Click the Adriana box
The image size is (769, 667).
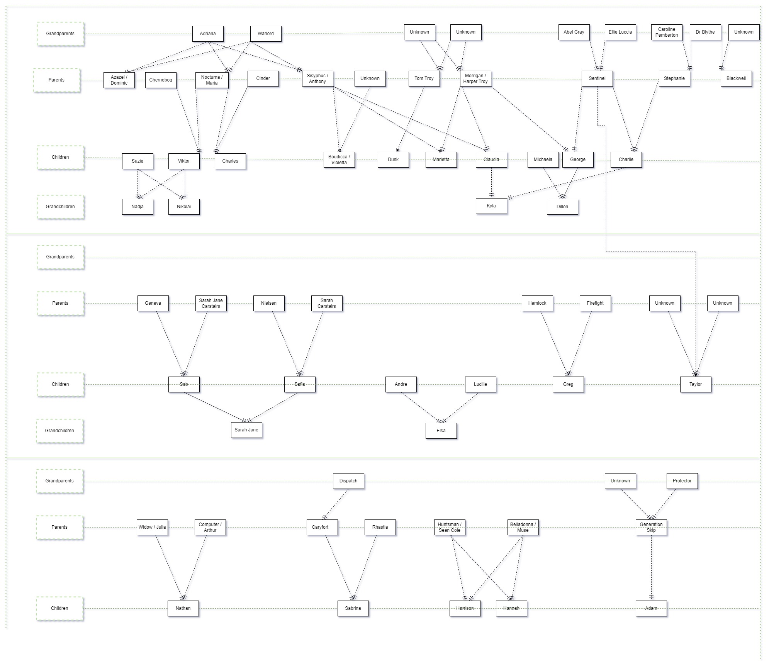208,34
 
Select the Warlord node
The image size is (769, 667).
266,34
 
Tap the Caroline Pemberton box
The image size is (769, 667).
667,32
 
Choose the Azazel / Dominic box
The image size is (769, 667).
119,80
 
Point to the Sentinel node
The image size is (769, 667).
597,78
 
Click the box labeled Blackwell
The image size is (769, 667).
736,78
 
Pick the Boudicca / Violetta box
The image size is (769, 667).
339,160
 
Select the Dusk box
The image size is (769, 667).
393,160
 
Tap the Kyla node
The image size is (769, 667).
491,206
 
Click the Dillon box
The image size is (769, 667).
562,207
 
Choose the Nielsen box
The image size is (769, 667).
269,303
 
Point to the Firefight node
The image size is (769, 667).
595,303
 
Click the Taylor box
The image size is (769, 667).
696,384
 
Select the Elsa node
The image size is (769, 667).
441,431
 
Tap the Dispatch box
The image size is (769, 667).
348,481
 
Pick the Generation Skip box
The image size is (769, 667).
651,527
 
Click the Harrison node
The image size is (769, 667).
465,608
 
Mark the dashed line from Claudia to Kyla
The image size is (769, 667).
491,182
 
